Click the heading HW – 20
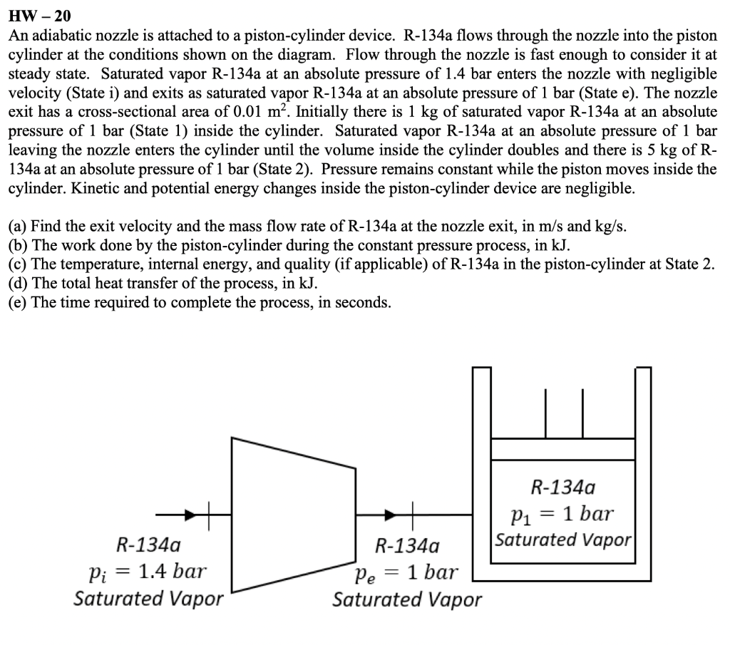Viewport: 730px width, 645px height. tap(39, 15)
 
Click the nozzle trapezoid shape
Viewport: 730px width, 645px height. tap(293, 514)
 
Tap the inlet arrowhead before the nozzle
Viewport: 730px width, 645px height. tap(189, 513)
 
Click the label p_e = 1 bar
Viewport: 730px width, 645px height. tap(407, 572)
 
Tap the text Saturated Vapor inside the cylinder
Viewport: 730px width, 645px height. tap(563, 539)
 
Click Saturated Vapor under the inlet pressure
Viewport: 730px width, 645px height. tap(148, 598)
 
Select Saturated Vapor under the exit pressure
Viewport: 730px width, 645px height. tap(407, 599)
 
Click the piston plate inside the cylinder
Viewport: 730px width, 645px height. tap(563, 449)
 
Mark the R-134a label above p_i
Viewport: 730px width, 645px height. tap(148, 546)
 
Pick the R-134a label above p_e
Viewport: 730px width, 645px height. tap(407, 547)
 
